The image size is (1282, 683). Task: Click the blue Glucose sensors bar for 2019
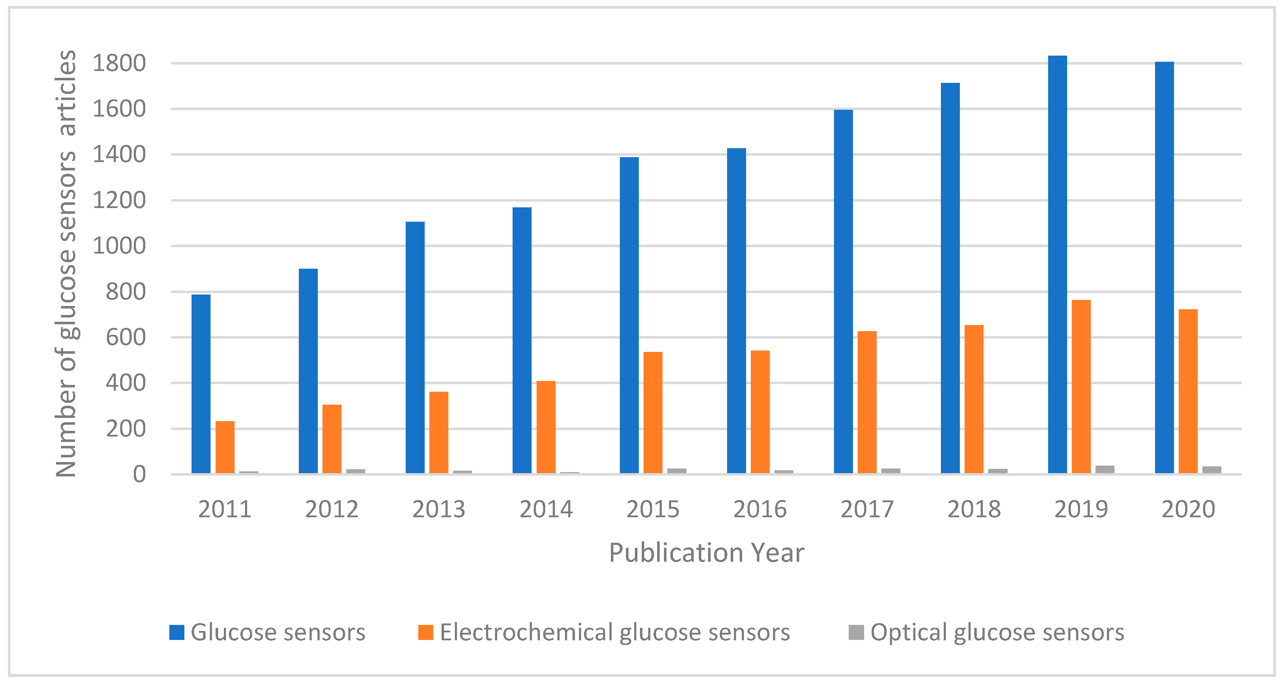click(1057, 264)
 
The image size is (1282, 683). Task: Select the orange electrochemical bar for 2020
click(1188, 391)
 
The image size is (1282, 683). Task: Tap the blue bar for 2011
click(201, 383)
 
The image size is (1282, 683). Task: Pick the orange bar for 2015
click(653, 412)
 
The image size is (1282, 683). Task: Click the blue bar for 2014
click(522, 340)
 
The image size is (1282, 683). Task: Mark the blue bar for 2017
click(843, 291)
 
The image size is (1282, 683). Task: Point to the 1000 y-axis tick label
click(119, 246)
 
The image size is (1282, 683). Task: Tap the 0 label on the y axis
click(139, 475)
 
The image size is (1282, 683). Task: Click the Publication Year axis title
click(706, 552)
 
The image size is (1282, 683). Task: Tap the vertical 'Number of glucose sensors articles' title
click(66, 264)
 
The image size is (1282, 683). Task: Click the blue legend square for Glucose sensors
click(177, 632)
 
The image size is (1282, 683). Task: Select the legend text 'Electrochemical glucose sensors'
click(614, 632)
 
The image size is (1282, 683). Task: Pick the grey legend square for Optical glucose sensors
click(856, 632)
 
